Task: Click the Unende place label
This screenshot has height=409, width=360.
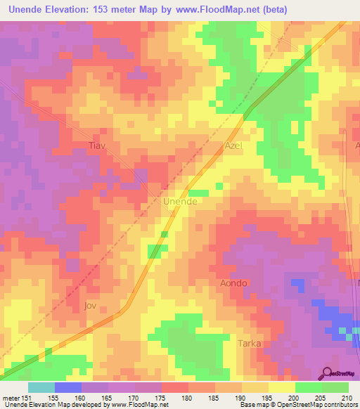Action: point(179,201)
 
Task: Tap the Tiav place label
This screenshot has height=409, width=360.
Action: point(96,146)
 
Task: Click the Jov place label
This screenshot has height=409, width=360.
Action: point(89,306)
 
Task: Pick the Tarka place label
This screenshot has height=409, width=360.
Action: point(249,344)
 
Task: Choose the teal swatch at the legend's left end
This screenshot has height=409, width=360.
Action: point(41,387)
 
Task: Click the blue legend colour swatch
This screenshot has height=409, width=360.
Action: point(67,387)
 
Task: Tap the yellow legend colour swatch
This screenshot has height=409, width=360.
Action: point(281,387)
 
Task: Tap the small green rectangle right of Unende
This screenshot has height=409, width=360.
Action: point(199,193)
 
